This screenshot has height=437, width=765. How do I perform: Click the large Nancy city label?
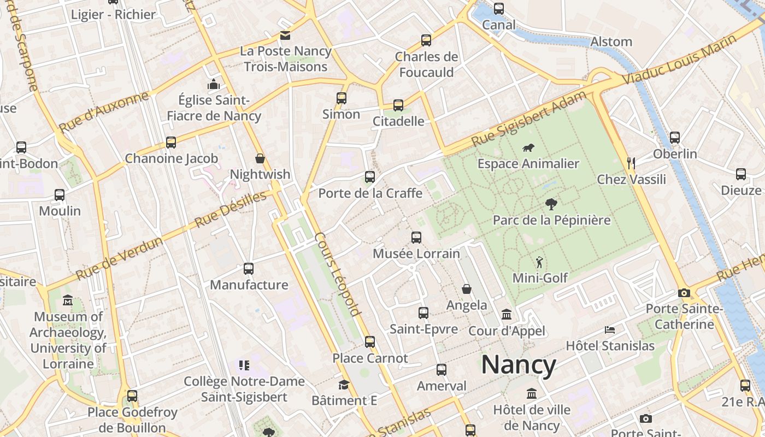pos(519,365)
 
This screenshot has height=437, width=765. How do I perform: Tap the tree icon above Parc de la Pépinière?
pos(551,204)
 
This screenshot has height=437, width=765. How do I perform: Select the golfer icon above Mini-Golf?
pos(539,262)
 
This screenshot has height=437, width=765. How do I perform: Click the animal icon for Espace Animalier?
pos(528,147)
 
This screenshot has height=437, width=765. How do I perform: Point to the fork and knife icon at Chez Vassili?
pos(631,163)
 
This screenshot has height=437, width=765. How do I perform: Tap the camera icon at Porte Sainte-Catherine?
pos(684,293)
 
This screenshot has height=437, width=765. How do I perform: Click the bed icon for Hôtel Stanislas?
pos(610,330)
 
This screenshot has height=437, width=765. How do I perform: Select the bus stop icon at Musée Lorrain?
pos(416,238)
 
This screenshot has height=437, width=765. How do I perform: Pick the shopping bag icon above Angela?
pos(467,289)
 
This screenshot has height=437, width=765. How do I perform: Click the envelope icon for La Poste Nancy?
pos(285,36)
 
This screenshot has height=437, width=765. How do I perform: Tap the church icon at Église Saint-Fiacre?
pos(213,84)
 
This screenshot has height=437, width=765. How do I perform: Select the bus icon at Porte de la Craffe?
pos(370,177)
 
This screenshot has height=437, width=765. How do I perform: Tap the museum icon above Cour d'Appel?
pos(507,315)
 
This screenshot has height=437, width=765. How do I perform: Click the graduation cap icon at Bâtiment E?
pos(344,385)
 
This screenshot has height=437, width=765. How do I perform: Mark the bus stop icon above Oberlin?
pos(675,138)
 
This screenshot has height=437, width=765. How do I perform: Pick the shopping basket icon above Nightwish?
pos(260,158)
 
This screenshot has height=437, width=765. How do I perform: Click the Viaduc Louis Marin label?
pos(679,60)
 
